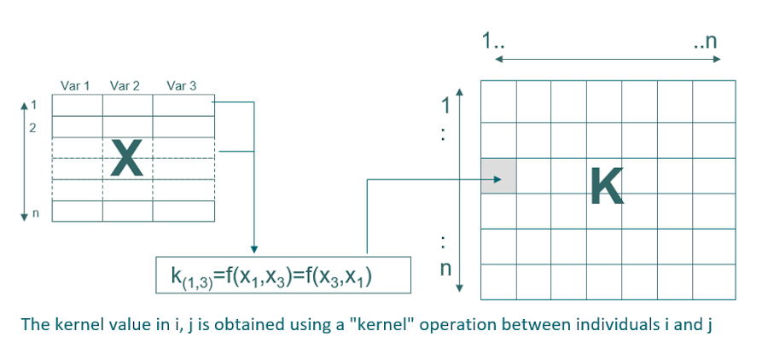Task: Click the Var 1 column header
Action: (x=75, y=86)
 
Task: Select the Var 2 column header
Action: (x=125, y=86)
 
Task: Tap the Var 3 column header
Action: (x=182, y=86)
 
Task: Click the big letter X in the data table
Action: (x=126, y=159)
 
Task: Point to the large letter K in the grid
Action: (x=607, y=186)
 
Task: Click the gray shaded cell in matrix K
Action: (x=498, y=177)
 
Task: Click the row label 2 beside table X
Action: (x=33, y=129)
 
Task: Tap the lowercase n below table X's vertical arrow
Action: (x=35, y=214)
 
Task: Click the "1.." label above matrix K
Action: (x=491, y=40)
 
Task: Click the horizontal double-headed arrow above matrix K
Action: (x=608, y=59)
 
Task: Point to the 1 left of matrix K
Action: (x=444, y=107)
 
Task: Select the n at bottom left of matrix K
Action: (x=445, y=270)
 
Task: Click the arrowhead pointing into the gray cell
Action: (x=495, y=179)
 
